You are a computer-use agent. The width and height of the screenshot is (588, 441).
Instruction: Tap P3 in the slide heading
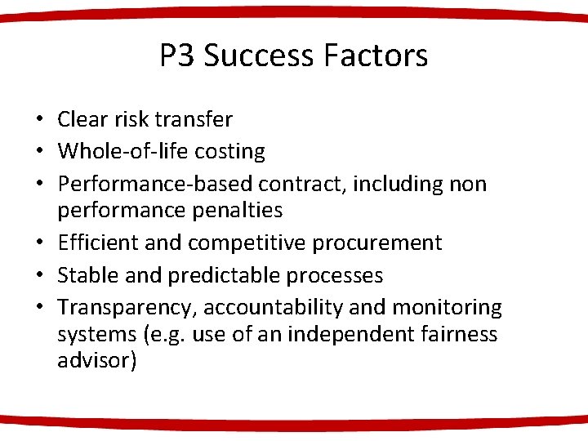pos(176,56)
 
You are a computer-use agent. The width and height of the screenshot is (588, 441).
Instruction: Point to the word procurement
pos(387,243)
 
